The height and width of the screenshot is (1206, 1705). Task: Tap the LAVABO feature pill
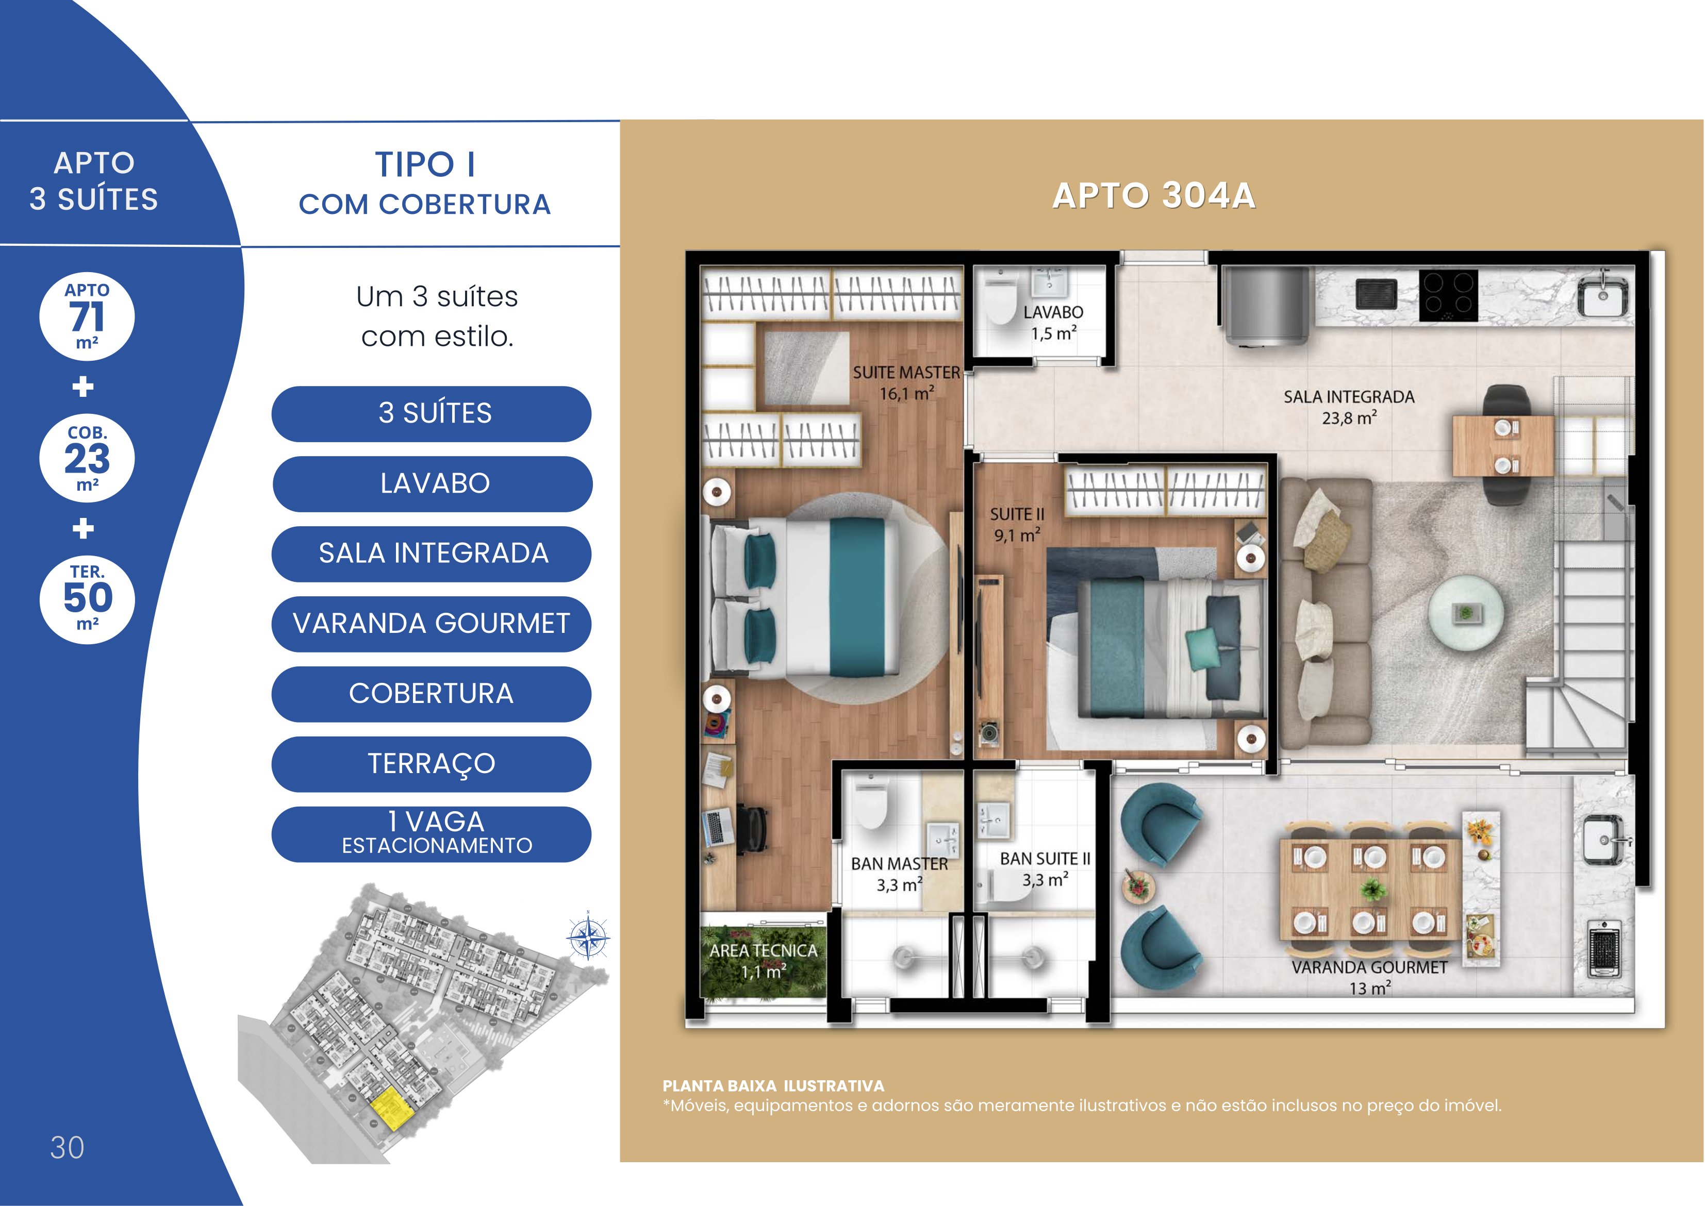(433, 483)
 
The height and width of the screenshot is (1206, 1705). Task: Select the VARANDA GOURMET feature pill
(432, 624)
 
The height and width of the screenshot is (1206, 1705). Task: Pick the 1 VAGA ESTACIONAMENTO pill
(432, 834)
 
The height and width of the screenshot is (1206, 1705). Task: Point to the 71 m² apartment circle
(87, 316)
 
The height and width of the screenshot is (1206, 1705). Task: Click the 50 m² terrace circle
(87, 599)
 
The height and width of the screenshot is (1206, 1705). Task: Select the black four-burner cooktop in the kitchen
(1448, 295)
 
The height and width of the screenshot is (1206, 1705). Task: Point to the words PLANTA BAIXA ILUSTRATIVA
(773, 1086)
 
